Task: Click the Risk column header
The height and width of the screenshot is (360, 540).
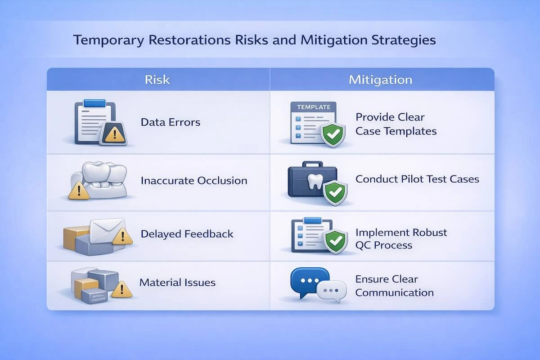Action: [157, 80]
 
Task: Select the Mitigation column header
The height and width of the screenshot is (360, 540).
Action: [380, 80]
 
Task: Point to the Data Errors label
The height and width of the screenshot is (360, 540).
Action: [170, 122]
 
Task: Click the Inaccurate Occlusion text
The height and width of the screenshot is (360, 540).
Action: [194, 181]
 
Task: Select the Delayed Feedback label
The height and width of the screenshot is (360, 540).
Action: [187, 234]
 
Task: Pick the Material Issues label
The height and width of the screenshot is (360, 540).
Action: [177, 283]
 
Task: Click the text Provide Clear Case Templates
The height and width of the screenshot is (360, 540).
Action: [396, 124]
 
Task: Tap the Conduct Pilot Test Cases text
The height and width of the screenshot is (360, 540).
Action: [417, 179]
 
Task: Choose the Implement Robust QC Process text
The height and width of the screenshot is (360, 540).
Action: [401, 239]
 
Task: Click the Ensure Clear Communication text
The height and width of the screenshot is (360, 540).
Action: [394, 286]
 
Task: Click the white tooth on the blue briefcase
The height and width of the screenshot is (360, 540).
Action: [312, 181]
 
